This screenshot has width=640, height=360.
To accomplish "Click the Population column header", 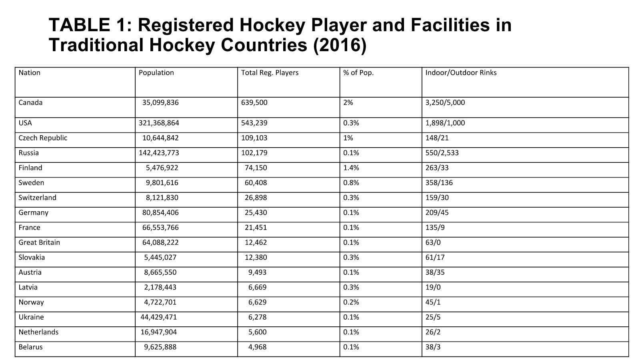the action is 156,73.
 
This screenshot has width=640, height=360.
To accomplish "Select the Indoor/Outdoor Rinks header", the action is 461,73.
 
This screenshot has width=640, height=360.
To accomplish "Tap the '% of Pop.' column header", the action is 358,73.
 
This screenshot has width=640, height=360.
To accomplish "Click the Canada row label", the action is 30,102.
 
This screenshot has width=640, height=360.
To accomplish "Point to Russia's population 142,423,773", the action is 159,153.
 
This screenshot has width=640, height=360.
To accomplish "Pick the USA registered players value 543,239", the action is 254,123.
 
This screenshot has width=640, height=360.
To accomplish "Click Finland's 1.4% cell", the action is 351,168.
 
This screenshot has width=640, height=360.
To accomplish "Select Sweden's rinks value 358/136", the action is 439,183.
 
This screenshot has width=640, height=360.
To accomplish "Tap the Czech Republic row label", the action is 43,138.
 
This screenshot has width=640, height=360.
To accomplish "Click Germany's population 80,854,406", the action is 160,213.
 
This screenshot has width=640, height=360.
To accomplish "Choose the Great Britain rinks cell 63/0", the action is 433,242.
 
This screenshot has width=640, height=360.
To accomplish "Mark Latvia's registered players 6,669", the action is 257,288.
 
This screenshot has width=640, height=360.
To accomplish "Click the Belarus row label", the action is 30,347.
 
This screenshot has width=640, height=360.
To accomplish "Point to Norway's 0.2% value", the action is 351,302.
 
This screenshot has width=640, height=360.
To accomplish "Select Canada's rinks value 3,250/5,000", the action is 445,102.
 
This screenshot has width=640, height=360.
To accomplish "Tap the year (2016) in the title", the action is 340,45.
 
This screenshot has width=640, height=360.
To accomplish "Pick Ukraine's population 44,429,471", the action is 158,318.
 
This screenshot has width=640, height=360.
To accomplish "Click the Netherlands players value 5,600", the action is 257,332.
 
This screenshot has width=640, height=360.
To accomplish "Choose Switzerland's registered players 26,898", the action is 256,198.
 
